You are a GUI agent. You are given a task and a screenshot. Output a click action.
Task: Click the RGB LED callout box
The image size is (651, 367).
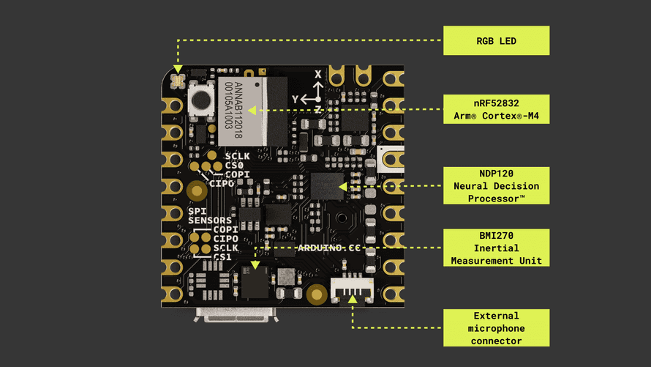click(496, 41)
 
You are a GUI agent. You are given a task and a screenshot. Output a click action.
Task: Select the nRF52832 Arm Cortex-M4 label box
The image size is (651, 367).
click(496, 109)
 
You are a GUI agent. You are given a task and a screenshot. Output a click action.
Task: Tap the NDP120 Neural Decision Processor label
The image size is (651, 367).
click(496, 186)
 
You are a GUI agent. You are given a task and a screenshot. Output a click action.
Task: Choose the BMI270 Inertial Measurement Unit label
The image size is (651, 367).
click(496, 248)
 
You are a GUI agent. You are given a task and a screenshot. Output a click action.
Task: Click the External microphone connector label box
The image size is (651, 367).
click(496, 328)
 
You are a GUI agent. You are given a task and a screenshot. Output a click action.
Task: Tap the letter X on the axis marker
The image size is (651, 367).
click(318, 75)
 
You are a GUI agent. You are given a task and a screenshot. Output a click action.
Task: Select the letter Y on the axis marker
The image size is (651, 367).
click(295, 98)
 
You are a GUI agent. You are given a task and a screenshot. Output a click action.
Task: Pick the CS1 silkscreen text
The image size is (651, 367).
click(222, 257)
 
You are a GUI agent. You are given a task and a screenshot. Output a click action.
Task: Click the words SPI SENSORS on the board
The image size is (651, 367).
click(209, 215)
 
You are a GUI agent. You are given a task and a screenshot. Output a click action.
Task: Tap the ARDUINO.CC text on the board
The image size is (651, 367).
click(328, 248)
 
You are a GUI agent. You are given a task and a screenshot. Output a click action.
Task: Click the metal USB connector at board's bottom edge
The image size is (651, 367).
click(236, 315)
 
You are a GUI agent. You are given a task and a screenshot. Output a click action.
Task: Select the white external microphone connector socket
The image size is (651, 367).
click(353, 290)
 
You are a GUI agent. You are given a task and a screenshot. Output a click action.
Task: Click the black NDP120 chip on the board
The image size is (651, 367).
click(326, 186)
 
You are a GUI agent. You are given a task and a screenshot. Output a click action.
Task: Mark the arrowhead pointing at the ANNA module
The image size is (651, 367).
click(252, 111)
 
